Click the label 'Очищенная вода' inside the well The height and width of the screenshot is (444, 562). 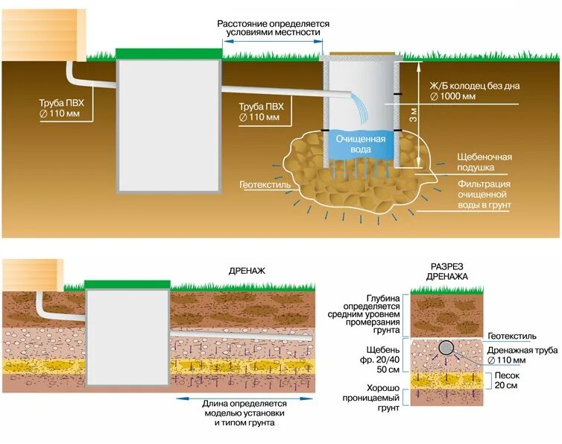[360, 144]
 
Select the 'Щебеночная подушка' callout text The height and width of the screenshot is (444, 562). [484, 162]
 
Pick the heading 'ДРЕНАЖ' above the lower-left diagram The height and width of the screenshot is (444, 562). [247, 272]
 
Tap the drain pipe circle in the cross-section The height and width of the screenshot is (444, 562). [447, 348]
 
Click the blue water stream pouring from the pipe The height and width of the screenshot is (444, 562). [360, 108]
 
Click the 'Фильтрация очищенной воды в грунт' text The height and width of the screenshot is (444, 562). [484, 193]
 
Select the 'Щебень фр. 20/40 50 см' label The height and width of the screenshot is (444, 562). [383, 359]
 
